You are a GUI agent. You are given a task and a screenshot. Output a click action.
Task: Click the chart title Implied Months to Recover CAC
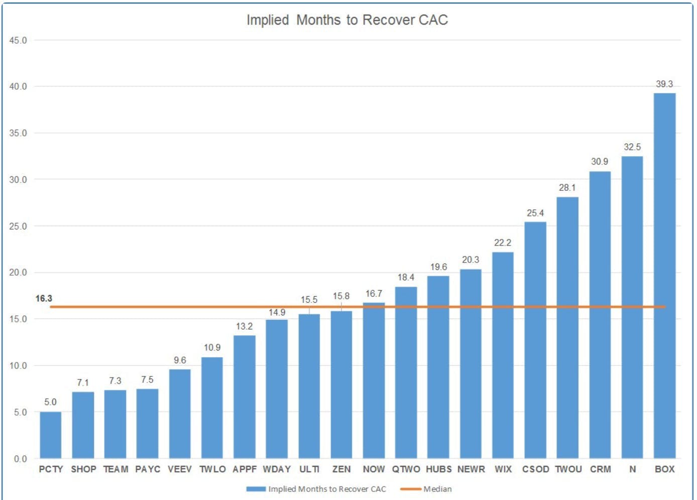(x=347, y=20)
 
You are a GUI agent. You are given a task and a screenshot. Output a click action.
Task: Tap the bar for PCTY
(x=51, y=435)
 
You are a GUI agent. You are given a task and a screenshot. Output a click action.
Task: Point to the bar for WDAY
(x=277, y=389)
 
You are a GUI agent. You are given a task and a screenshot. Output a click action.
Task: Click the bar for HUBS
(x=438, y=367)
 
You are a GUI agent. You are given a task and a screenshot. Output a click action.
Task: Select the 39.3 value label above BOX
(x=664, y=84)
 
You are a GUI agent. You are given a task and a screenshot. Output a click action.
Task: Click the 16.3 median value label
(x=44, y=299)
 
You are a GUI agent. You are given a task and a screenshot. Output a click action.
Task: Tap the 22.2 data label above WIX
(x=503, y=242)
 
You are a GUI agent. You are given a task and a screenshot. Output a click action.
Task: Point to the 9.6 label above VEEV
(x=180, y=360)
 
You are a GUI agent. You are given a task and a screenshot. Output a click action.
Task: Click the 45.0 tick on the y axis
(x=18, y=40)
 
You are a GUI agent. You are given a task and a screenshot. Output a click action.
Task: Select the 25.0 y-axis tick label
(x=18, y=226)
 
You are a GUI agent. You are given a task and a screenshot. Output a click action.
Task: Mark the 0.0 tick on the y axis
(x=20, y=459)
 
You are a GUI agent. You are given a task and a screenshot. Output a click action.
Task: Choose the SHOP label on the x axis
(x=83, y=469)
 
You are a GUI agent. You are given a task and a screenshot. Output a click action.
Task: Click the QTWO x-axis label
(x=406, y=469)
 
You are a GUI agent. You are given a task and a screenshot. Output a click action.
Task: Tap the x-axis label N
(x=632, y=469)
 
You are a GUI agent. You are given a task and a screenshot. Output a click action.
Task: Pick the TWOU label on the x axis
(x=568, y=469)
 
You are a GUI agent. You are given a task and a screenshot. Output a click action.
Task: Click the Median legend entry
(x=437, y=489)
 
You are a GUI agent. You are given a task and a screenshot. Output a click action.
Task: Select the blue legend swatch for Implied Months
(x=256, y=489)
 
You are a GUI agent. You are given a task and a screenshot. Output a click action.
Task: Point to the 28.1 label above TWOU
(x=567, y=187)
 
